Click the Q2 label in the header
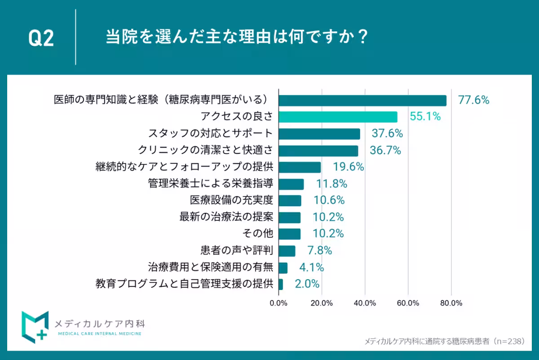pyautogui.click(x=41, y=39)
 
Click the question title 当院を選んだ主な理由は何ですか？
pyautogui.click(x=237, y=37)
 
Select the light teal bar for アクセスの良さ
pyautogui.click(x=338, y=117)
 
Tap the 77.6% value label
pyautogui.click(x=473, y=100)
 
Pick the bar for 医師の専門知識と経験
pyautogui.click(x=362, y=100)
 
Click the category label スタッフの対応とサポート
pyautogui.click(x=210, y=133)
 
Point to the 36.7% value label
pyautogui.click(x=385, y=150)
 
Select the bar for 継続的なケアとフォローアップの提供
pyautogui.click(x=300, y=167)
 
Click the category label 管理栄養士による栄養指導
pyautogui.click(x=210, y=184)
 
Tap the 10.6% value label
pyautogui.click(x=329, y=200)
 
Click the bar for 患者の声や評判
pyautogui.click(x=287, y=250)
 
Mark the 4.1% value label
pyautogui.click(x=312, y=268)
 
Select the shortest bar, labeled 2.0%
pyautogui.click(x=281, y=284)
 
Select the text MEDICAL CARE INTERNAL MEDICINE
pyautogui.click(x=100, y=334)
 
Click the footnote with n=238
pyautogui.click(x=444, y=341)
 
